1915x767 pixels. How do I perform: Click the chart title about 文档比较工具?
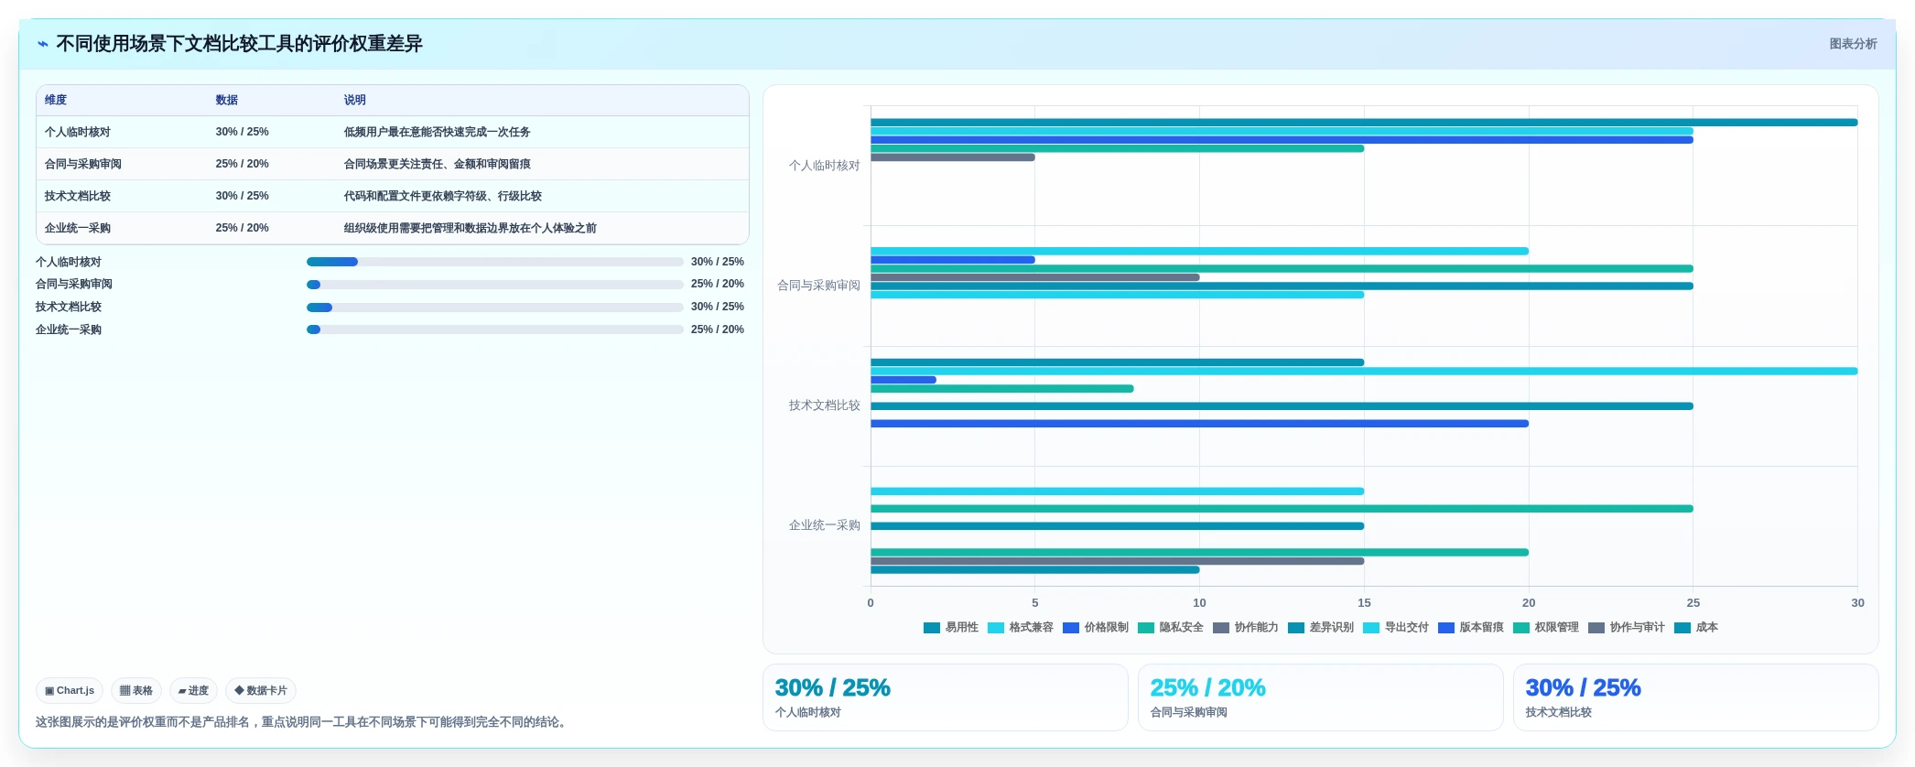click(x=239, y=44)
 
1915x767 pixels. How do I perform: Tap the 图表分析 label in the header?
click(x=1853, y=44)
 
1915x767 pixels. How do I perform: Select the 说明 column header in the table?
click(x=354, y=100)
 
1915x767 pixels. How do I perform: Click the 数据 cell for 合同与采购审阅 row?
click(x=243, y=164)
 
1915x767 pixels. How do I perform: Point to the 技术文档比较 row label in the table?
click(x=78, y=196)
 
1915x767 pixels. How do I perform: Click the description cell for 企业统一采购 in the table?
click(x=470, y=228)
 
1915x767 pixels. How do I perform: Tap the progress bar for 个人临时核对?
click(x=495, y=262)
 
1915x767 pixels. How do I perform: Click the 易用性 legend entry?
click(x=951, y=627)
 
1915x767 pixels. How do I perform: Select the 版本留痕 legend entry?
click(x=1471, y=627)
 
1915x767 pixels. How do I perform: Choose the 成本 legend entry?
click(x=1696, y=627)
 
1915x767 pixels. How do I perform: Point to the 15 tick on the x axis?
click(x=1364, y=602)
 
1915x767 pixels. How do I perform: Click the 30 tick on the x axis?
click(x=1857, y=602)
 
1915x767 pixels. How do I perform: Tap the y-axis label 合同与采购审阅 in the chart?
click(x=818, y=286)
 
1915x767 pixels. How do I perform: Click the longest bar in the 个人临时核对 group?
click(x=1364, y=123)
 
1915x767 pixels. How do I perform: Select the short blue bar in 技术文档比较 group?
click(x=903, y=380)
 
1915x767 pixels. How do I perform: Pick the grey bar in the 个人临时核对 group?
click(x=953, y=157)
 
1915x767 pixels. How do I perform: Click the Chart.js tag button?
click(x=70, y=691)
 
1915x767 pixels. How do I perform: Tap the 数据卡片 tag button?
click(x=261, y=691)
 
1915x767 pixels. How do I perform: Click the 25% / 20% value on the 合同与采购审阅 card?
click(x=1207, y=687)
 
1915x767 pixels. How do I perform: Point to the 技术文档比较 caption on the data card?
click(x=1558, y=712)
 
